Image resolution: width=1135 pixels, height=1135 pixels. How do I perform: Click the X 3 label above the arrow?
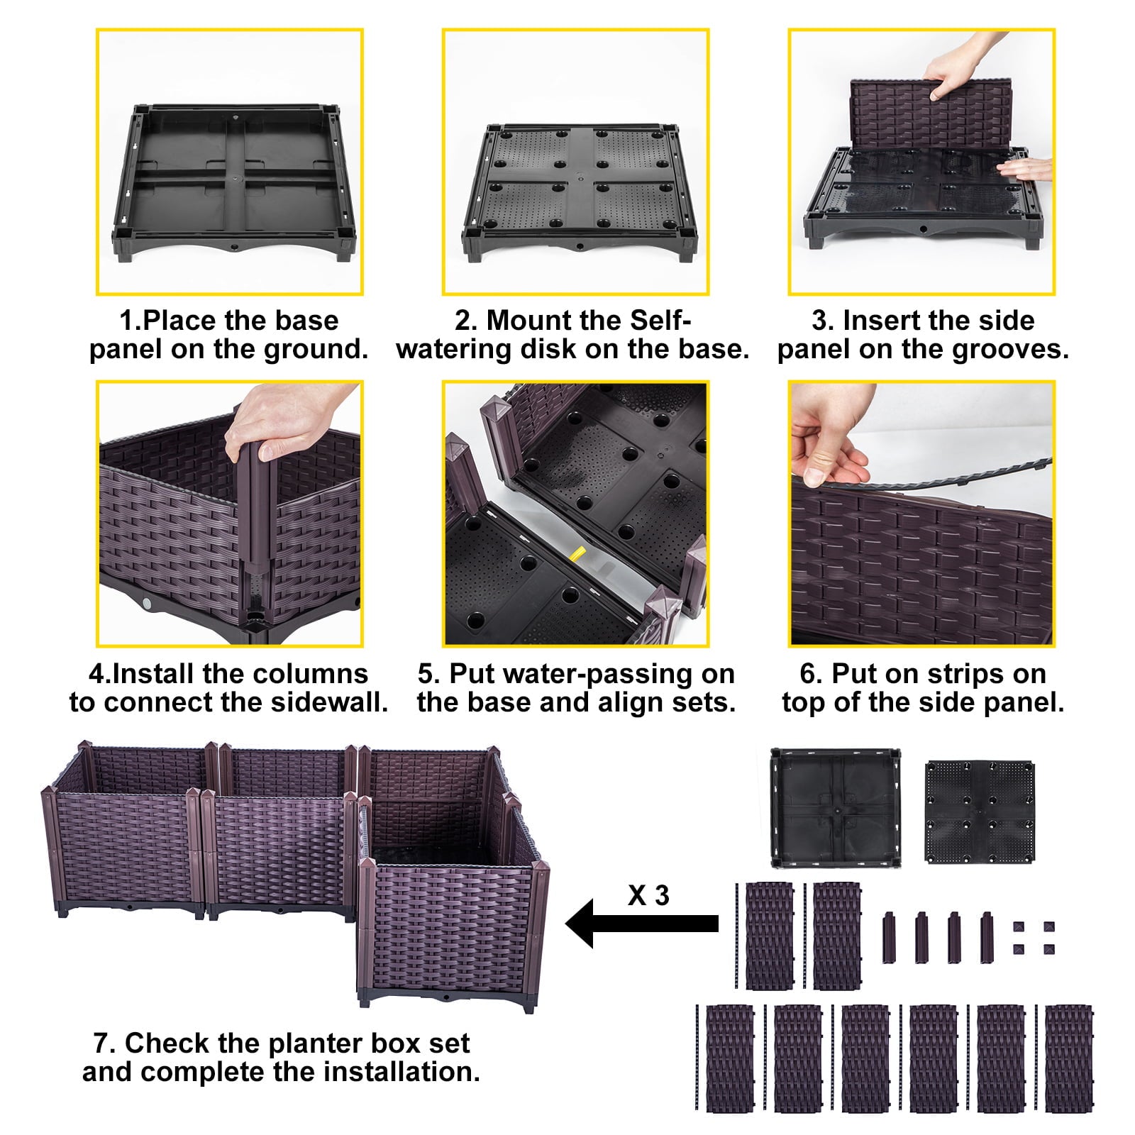pyautogui.click(x=648, y=895)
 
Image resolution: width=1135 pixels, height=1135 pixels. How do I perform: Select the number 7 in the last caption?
pyautogui.click(x=100, y=1043)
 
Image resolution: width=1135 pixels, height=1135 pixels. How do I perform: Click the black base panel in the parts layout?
pyautogui.click(x=835, y=807)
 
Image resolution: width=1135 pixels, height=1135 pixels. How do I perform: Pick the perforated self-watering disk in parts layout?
pyautogui.click(x=979, y=812)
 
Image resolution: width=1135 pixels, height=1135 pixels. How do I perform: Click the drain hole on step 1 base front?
pyautogui.click(x=234, y=250)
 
